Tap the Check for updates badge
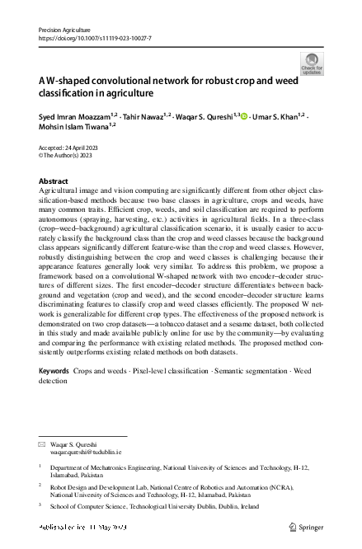(313, 63)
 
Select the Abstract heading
(54, 181)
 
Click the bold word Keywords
(54, 373)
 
